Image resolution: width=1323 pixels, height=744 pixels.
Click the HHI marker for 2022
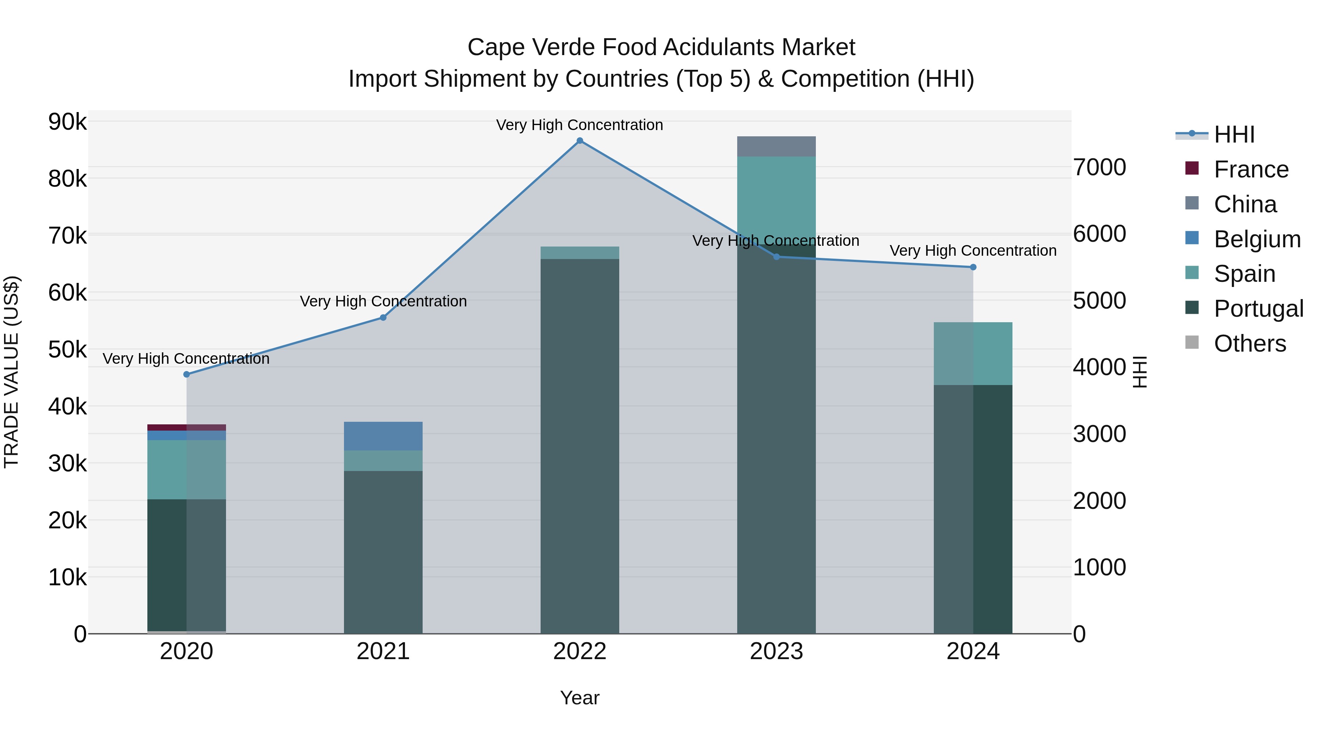pyautogui.click(x=580, y=141)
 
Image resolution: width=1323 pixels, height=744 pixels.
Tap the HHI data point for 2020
pyautogui.click(x=186, y=374)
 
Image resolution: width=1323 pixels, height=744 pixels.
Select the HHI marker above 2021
pyautogui.click(x=383, y=317)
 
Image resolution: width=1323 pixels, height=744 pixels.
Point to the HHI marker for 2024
pyautogui.click(x=973, y=267)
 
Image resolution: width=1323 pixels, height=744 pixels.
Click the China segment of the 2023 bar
pyautogui.click(x=776, y=146)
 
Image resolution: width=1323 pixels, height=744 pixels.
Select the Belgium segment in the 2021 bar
pyautogui.click(x=383, y=436)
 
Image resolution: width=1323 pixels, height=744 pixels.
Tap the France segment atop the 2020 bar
pyautogui.click(x=186, y=427)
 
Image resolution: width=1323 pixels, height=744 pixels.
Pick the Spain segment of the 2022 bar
pyautogui.click(x=580, y=253)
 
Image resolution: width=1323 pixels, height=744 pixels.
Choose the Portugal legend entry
pyautogui.click(x=1258, y=309)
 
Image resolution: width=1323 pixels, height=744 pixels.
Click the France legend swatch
pyautogui.click(x=1191, y=168)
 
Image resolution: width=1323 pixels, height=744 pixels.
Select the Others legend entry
pyautogui.click(x=1249, y=344)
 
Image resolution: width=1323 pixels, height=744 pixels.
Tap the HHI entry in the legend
pyautogui.click(x=1234, y=134)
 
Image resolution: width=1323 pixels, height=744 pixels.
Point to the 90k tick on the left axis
pyautogui.click(x=67, y=122)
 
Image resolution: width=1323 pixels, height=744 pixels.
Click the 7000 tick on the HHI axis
pyautogui.click(x=1100, y=168)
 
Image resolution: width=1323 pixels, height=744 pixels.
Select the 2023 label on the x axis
pyautogui.click(x=776, y=651)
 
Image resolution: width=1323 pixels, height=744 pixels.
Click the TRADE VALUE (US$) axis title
pyautogui.click(x=11, y=372)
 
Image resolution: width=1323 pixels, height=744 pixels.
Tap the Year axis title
pyautogui.click(x=580, y=698)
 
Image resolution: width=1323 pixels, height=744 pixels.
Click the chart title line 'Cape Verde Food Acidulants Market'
pyautogui.click(x=661, y=47)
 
